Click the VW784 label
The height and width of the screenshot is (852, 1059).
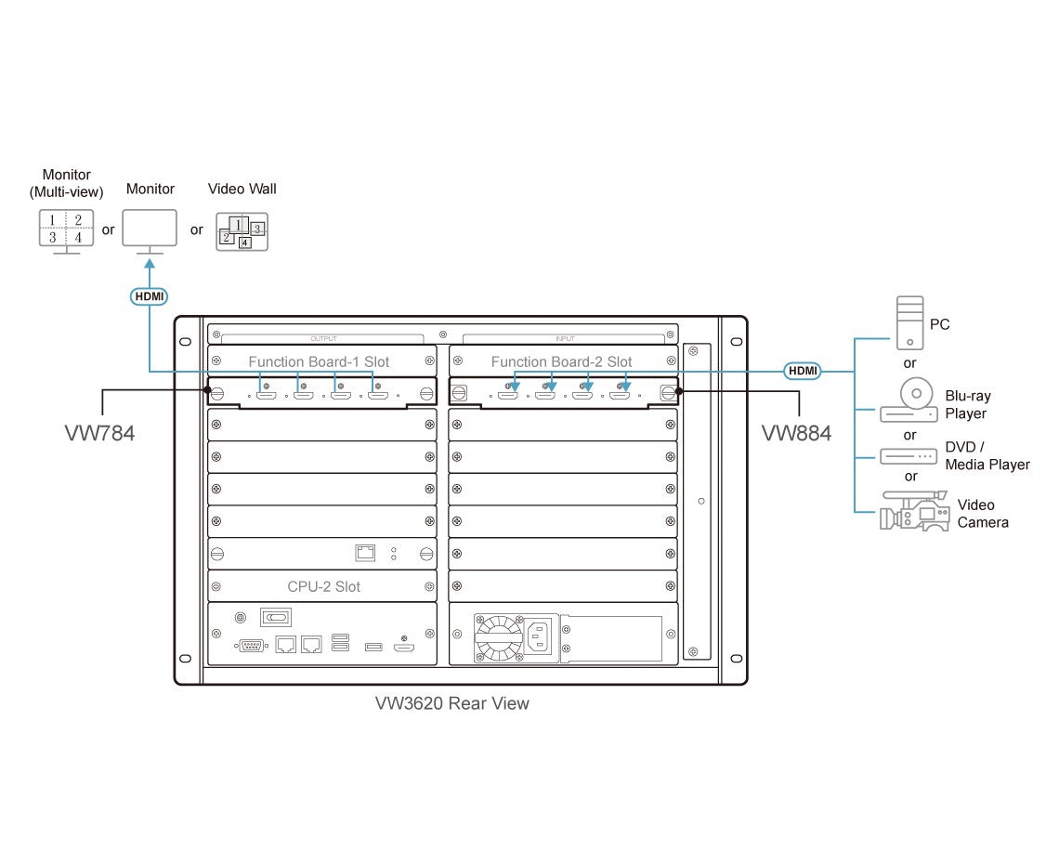99,433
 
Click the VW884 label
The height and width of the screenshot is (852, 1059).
796,433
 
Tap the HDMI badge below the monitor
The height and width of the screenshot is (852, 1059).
149,296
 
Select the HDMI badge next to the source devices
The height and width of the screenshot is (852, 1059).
803,371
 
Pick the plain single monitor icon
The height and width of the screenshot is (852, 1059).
150,229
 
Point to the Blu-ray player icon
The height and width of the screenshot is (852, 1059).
909,401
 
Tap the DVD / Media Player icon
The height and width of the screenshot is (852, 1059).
909,456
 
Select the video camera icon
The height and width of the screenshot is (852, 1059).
914,512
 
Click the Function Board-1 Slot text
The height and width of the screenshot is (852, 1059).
319,361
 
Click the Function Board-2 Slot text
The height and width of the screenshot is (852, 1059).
561,361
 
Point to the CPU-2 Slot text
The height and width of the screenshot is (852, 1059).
323,586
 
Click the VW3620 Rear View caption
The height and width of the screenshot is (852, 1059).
452,703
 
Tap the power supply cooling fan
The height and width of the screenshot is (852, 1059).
498,636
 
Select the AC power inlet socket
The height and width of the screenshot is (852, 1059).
541,636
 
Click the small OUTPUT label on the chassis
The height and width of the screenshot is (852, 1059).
323,338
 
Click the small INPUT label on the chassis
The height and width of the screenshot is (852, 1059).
564,338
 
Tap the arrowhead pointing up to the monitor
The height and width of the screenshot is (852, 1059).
150,266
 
